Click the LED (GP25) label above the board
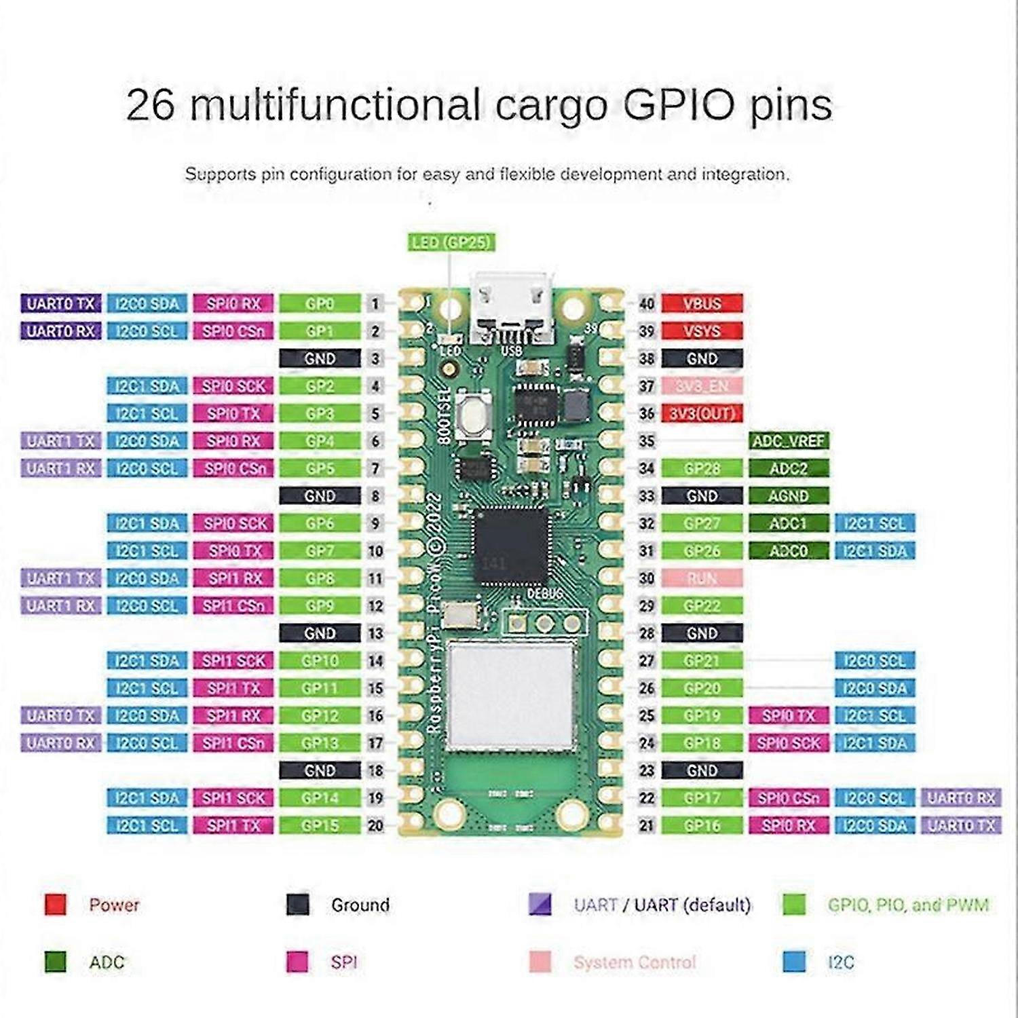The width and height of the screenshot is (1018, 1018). point(451,242)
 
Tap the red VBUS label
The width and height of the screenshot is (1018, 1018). point(702,303)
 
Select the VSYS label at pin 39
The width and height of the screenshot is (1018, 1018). point(702,331)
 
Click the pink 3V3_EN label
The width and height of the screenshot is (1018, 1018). point(702,386)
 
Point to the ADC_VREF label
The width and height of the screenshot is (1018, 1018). point(789,441)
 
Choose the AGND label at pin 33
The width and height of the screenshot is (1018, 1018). point(789,496)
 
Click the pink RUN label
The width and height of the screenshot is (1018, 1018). point(702,578)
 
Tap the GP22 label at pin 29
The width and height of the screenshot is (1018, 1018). point(702,606)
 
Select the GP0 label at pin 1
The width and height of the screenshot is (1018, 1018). point(320,303)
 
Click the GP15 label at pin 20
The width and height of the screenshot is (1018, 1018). point(320,825)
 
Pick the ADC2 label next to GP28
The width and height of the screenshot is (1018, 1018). point(789,468)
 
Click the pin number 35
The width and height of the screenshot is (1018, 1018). point(647,441)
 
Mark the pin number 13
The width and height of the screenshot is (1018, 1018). point(375,633)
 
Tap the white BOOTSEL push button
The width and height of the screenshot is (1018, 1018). point(473,416)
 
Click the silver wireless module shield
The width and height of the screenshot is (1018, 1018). point(511,696)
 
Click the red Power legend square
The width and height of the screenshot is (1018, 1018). point(55,905)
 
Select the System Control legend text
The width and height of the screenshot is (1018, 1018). point(635,962)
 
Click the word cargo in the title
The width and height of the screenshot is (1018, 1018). point(550,105)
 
